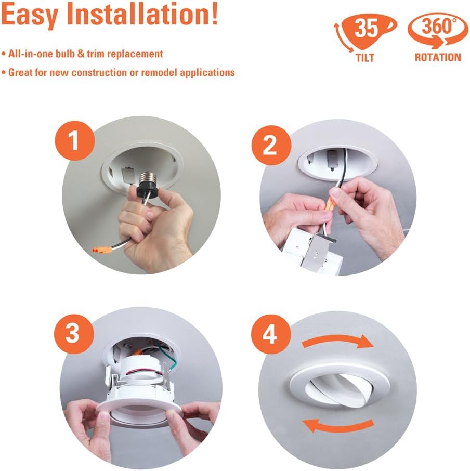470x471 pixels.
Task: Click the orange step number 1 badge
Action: tap(74, 141)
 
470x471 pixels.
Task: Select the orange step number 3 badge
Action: tap(73, 333)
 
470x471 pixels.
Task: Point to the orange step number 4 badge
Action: tap(270, 336)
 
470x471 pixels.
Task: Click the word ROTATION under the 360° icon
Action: tap(438, 58)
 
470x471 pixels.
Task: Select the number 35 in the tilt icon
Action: tap(367, 29)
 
